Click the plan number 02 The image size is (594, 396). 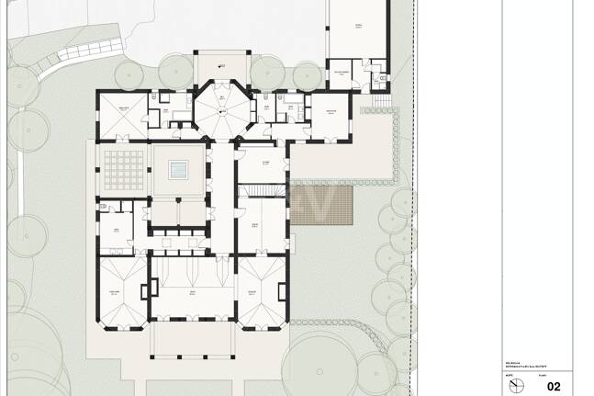[554, 386]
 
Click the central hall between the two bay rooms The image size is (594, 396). [192, 294]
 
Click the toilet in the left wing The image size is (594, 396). [106, 206]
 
